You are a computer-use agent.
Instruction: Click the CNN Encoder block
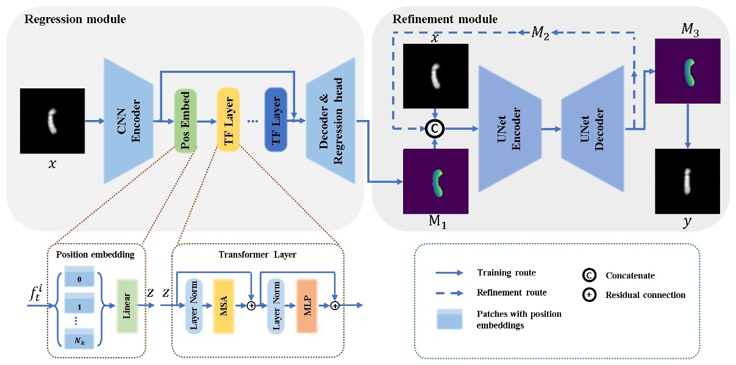coord(129,120)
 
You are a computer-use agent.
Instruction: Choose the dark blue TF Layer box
coord(276,119)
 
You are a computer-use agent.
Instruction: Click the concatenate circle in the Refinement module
coord(435,129)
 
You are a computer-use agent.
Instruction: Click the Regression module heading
coord(75,19)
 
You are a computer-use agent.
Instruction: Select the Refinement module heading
coord(445,19)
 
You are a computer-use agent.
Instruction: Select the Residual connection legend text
coord(646,295)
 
